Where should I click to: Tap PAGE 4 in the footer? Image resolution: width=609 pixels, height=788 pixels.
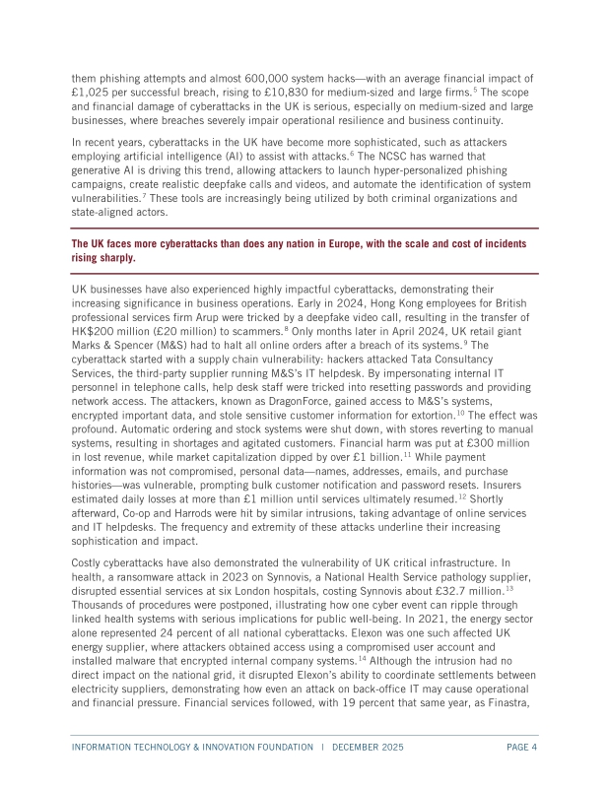coord(518,747)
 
